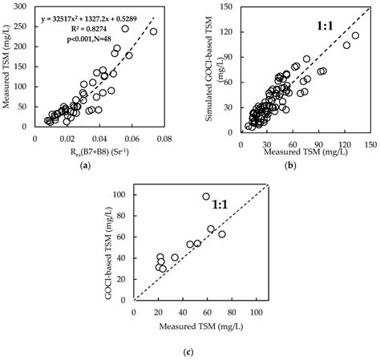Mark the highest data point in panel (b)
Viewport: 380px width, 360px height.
tap(355, 36)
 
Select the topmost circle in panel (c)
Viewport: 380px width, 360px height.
tap(206, 196)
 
